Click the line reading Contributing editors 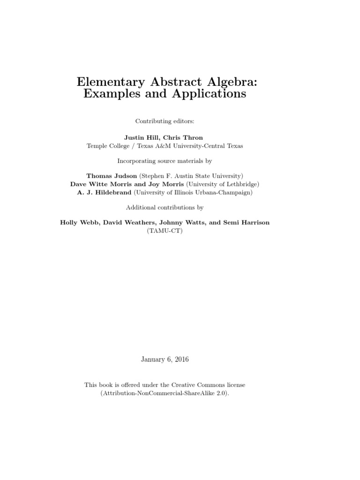click(165, 121)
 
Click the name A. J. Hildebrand click(104, 193)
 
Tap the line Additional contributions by click(165, 207)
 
